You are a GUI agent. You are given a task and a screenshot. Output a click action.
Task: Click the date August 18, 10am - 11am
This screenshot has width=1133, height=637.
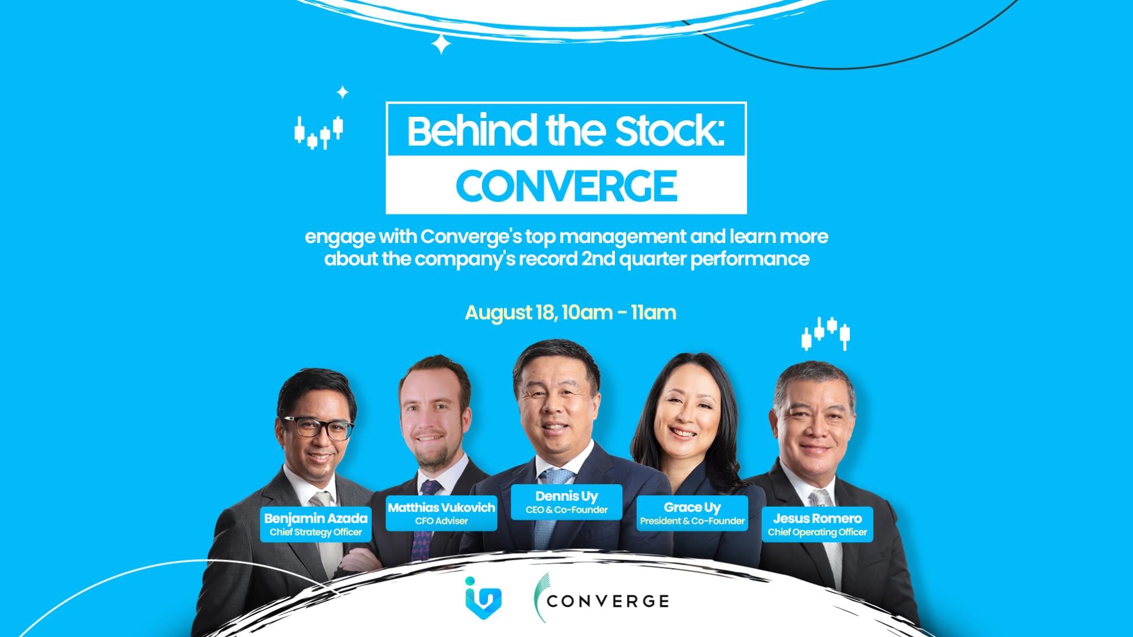pos(571,312)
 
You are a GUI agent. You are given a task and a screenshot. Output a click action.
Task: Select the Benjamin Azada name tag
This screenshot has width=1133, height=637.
pos(316,524)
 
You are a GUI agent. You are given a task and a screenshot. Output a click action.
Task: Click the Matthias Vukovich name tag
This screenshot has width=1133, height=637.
pos(441,513)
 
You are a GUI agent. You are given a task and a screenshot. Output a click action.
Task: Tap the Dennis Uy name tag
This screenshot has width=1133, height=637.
pos(566,502)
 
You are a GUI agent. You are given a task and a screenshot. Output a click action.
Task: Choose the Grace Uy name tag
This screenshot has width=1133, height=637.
pos(692,513)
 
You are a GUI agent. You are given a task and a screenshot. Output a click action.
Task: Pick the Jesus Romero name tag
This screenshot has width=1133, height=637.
pos(817,524)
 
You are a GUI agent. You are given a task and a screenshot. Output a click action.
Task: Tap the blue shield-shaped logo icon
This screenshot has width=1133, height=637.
pos(483,595)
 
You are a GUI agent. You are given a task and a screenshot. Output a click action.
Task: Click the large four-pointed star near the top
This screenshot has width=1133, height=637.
pos(441,44)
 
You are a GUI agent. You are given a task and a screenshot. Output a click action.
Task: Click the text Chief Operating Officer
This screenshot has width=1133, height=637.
pos(817,532)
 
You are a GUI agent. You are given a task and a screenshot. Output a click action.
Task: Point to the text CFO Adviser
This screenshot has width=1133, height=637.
pos(441,521)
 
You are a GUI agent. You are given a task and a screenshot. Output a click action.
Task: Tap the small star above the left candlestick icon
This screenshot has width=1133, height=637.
pos(342,93)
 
